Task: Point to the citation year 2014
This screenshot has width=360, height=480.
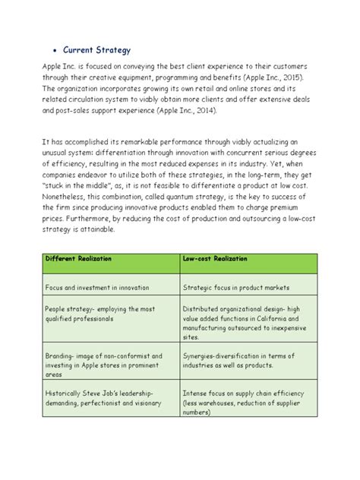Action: [204, 110]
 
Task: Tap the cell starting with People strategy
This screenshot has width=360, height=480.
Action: [90, 314]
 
